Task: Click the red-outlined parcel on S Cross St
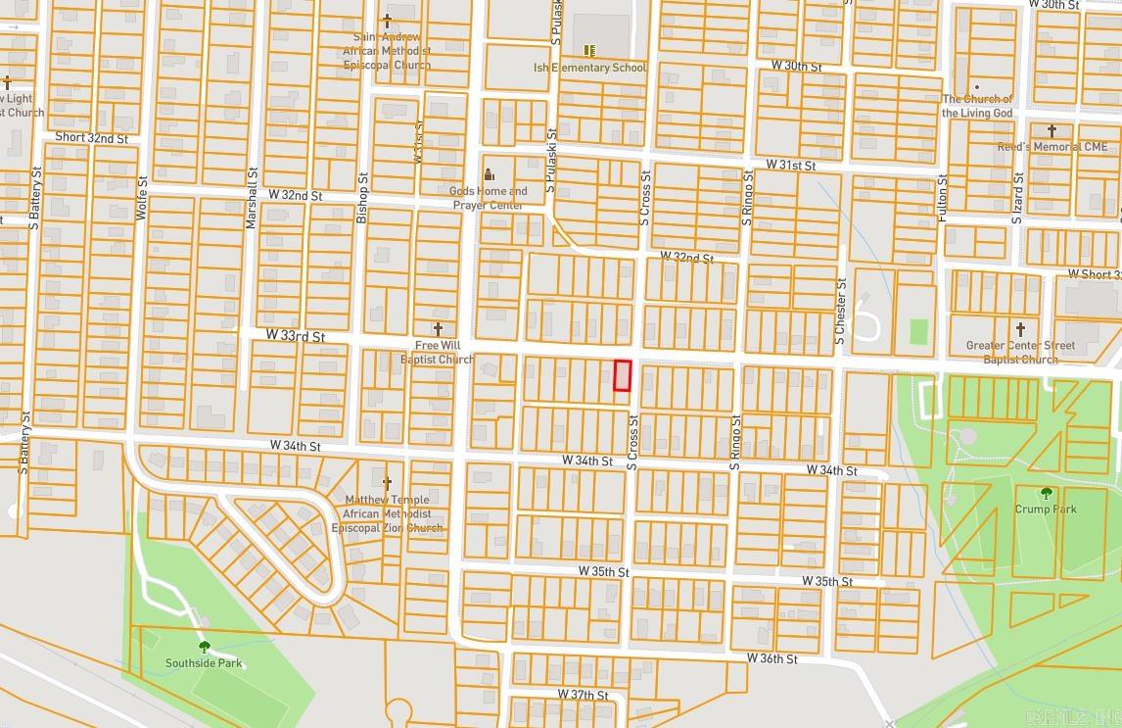(622, 375)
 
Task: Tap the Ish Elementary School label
(589, 68)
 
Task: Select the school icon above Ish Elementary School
(589, 50)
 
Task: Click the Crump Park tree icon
(1047, 493)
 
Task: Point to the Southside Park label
(204, 663)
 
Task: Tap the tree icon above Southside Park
(204, 647)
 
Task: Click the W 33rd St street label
(295, 336)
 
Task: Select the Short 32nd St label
(91, 138)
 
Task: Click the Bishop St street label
(361, 198)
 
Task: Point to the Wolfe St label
(142, 197)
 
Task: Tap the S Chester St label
(840, 310)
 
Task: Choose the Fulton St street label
(943, 197)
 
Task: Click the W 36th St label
(771, 658)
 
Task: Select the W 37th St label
(583, 695)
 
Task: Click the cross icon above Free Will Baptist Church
(438, 329)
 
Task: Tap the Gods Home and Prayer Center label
(488, 198)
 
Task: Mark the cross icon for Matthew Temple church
(387, 483)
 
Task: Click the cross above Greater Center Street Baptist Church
(1020, 329)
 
